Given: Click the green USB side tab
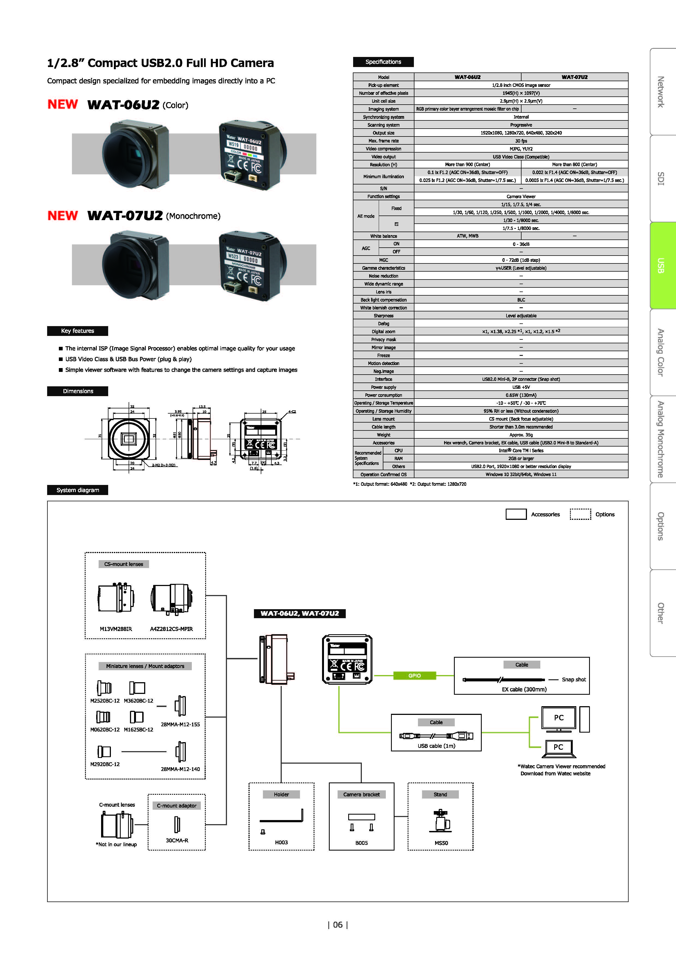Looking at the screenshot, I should [x=662, y=265].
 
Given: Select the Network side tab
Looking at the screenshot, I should [x=662, y=92].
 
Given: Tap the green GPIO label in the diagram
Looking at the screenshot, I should [x=414, y=675].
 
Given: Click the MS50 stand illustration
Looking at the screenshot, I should [x=441, y=821].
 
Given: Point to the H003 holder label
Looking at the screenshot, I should [x=281, y=842].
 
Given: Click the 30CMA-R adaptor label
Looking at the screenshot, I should [x=177, y=840].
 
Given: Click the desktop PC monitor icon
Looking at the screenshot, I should [x=559, y=718].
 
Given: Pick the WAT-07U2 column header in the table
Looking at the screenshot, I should [x=574, y=77].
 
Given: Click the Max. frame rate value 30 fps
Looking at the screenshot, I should [x=521, y=141].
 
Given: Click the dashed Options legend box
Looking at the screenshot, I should [x=580, y=514].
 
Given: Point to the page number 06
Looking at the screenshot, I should [x=338, y=925].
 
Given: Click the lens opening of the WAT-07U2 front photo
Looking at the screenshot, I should [x=127, y=266].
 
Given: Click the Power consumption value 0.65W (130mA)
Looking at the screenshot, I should [x=521, y=395].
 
